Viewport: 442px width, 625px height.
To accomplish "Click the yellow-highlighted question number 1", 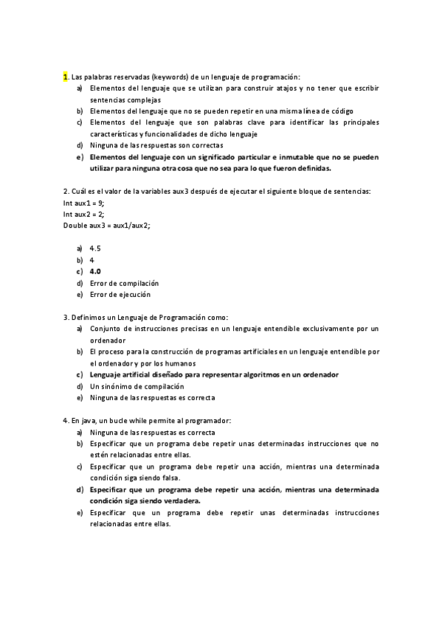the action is [66, 77].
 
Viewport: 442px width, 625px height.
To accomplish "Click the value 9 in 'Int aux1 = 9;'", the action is [101, 203].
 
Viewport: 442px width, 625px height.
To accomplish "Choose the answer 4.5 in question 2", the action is [95, 248].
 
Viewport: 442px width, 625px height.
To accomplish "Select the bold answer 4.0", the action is [95, 271].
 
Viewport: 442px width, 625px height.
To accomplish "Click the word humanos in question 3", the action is [180, 363].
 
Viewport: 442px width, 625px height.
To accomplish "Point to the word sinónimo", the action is [120, 386].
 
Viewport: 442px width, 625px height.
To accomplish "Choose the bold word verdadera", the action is [179, 500].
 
